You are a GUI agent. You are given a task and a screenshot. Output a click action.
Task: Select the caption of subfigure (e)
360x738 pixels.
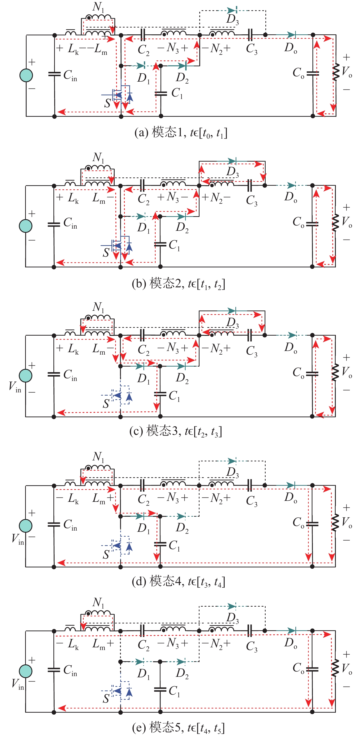click(178, 728)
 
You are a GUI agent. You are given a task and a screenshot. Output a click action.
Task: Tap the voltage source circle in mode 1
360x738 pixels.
click(26, 75)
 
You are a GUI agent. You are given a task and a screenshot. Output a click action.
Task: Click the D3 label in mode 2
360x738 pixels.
click(232, 172)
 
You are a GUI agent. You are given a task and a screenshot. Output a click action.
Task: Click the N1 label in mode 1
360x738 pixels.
click(98, 7)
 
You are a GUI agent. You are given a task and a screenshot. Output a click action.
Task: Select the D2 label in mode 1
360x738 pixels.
click(182, 78)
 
